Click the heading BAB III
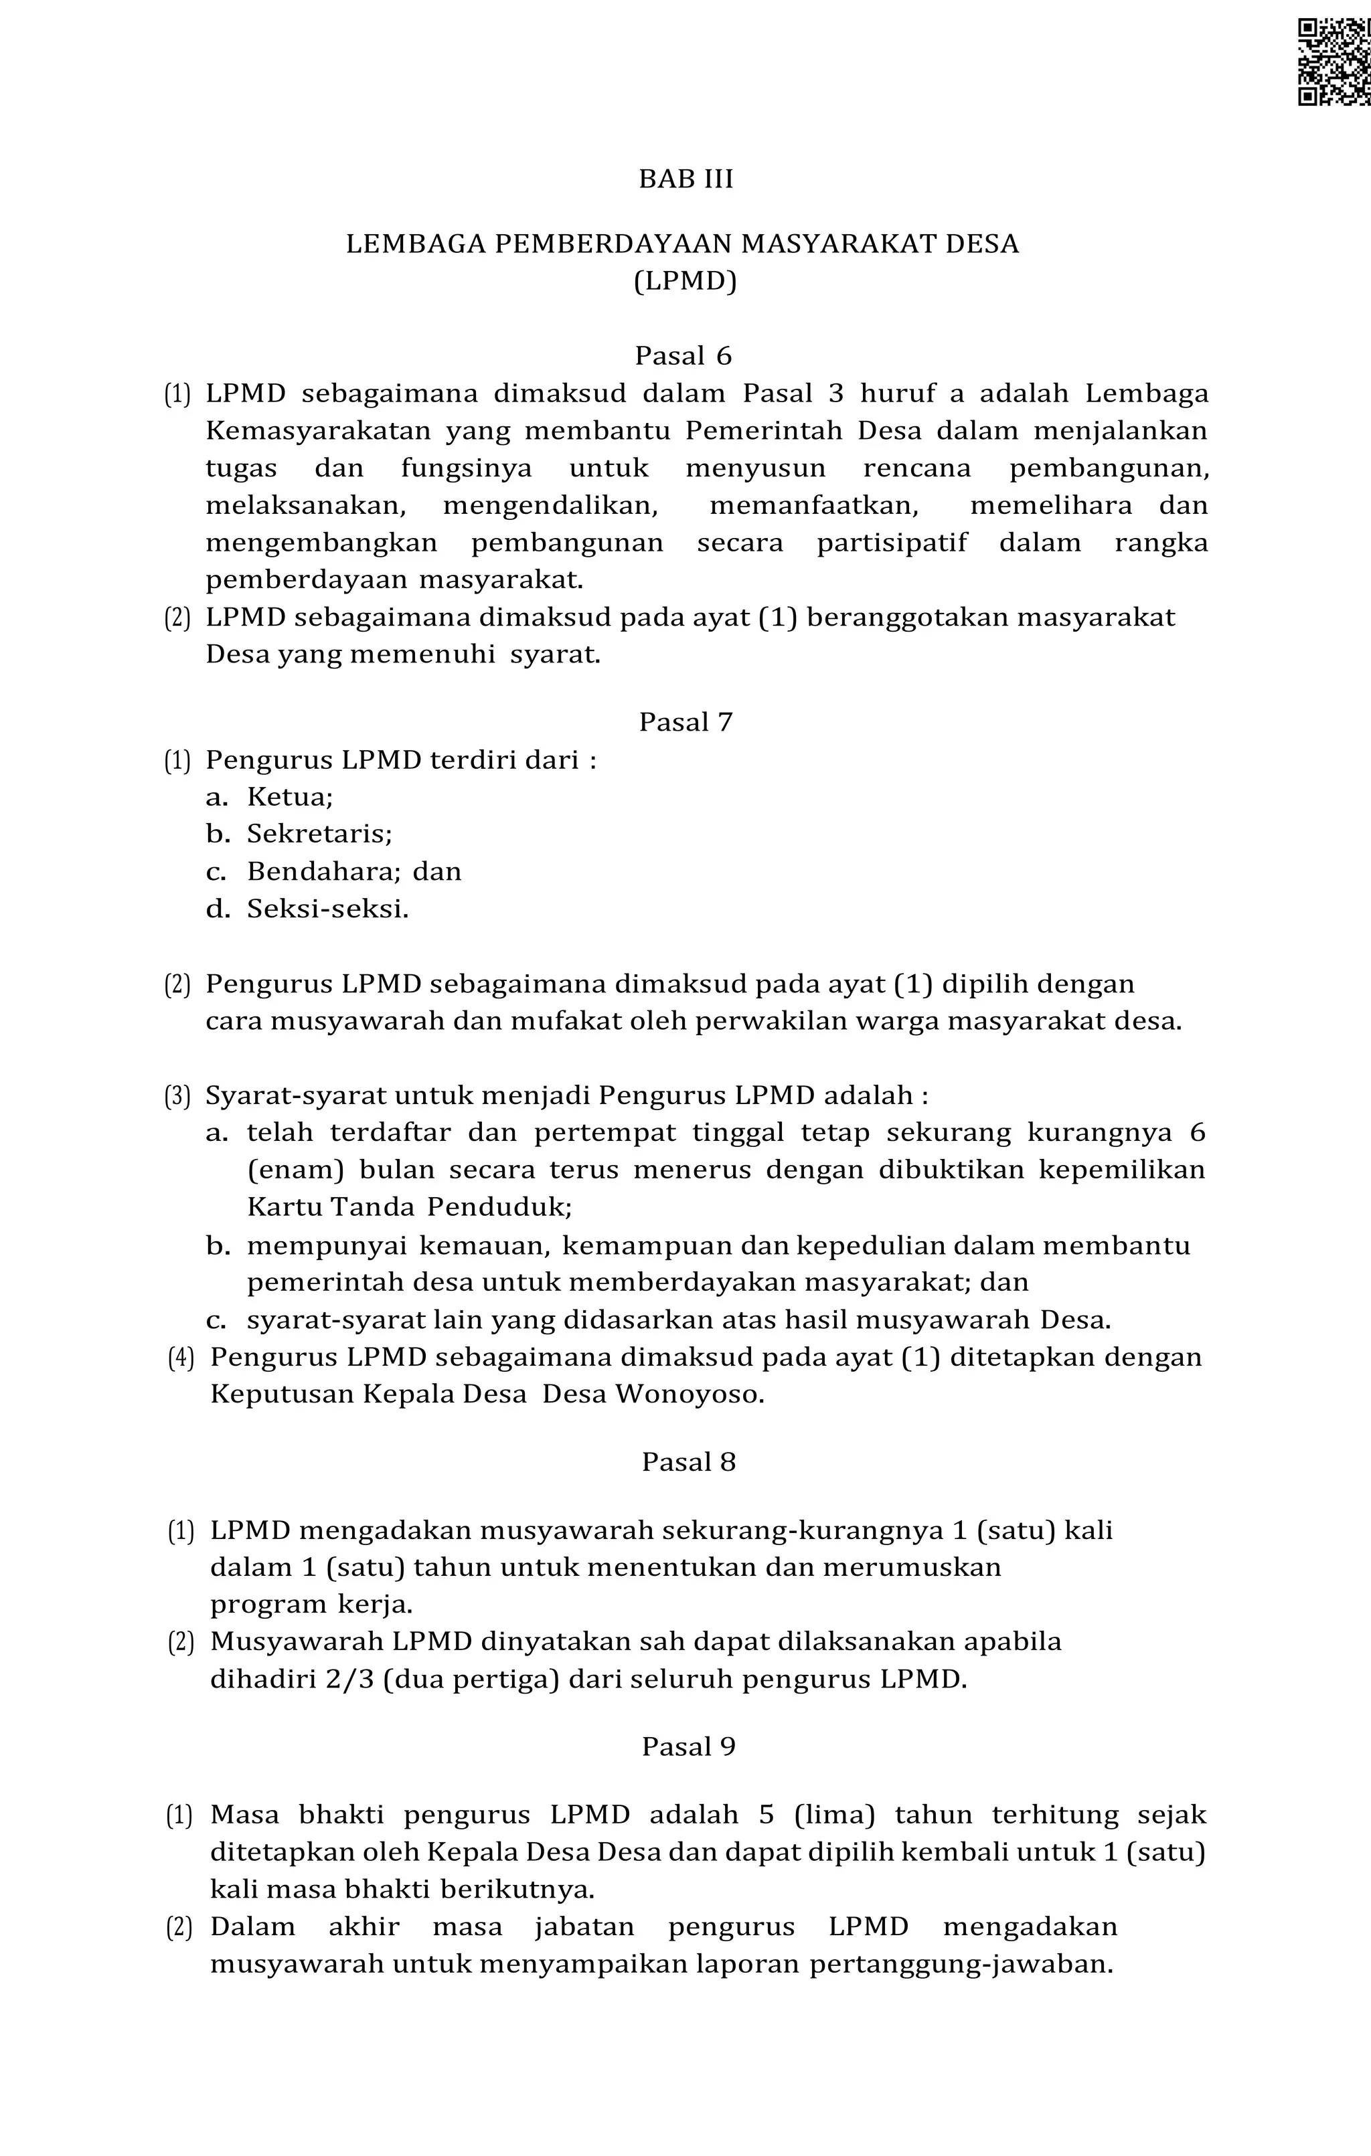(x=686, y=179)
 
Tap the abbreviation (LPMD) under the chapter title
(x=686, y=281)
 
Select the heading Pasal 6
(x=684, y=357)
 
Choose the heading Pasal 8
(x=689, y=1462)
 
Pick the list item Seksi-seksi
(x=328, y=909)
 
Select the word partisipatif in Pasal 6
(x=892, y=543)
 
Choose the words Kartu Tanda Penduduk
(x=408, y=1208)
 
